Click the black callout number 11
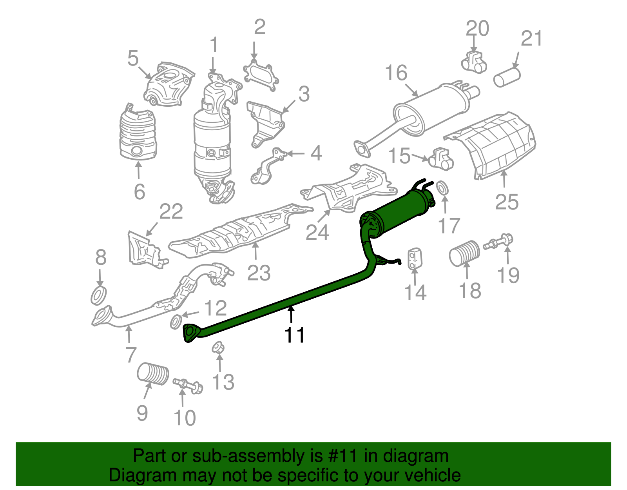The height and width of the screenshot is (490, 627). pos(294,335)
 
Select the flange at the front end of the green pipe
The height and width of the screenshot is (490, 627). pos(190,333)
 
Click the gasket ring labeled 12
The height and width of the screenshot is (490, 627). pos(176,321)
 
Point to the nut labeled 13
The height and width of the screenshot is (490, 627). pos(218,348)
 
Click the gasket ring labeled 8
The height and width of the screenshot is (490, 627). pos(99,296)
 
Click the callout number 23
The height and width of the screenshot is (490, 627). pos(259,273)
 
